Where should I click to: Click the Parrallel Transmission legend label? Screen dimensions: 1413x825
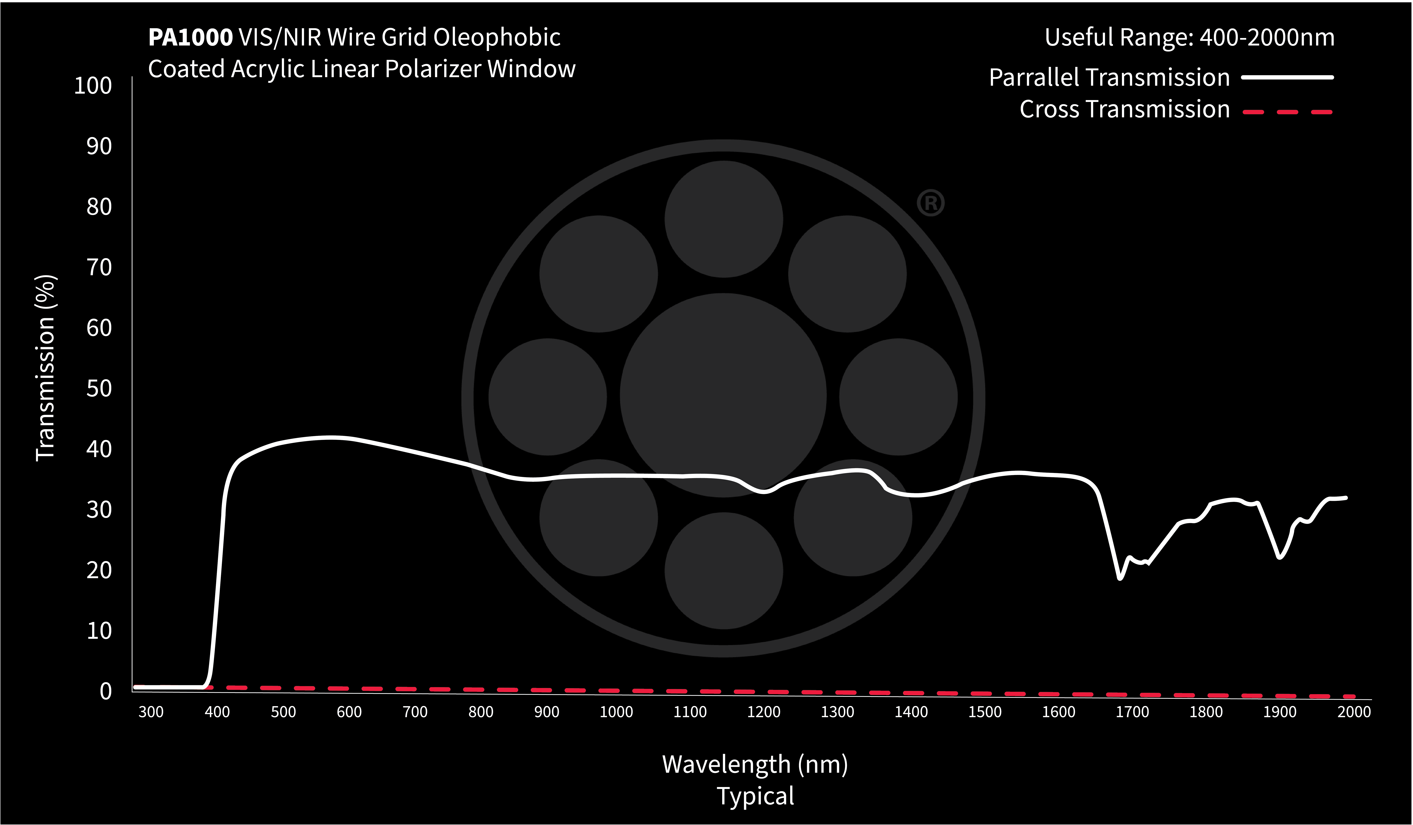(x=1109, y=77)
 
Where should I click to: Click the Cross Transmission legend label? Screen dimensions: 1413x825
(x=1124, y=109)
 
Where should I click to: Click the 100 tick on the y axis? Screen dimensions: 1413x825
(x=93, y=86)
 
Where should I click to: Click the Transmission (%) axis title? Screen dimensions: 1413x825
(x=45, y=368)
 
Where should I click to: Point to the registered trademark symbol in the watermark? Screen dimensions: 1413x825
(x=930, y=203)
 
